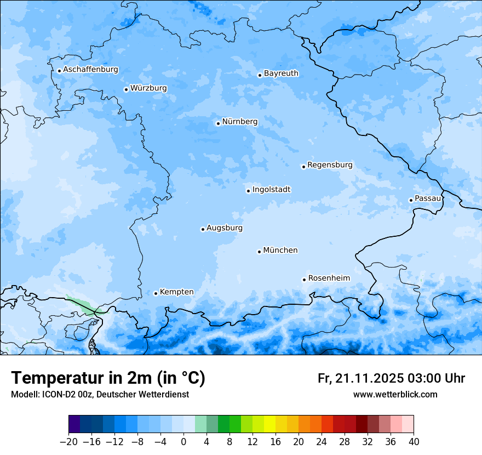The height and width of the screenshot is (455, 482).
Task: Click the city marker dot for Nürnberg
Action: (218, 123)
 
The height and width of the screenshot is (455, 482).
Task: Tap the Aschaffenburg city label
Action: (90, 70)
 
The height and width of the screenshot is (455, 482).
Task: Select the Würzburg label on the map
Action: (148, 88)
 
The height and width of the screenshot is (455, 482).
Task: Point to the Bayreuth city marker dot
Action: (260, 75)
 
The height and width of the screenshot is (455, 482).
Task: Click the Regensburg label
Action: (330, 165)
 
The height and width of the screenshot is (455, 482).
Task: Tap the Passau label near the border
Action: (428, 198)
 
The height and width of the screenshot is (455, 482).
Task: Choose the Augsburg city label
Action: (225, 228)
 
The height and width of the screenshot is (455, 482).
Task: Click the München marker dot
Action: (259, 252)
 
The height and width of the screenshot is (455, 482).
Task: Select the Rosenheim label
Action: (329, 278)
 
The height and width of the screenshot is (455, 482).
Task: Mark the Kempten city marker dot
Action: (156, 293)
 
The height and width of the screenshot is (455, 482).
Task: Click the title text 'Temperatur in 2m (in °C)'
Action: (108, 378)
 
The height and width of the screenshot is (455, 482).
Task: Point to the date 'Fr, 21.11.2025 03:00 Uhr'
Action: (391, 378)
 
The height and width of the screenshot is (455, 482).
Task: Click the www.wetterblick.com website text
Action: (395, 395)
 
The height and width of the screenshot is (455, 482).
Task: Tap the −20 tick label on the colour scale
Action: (68, 442)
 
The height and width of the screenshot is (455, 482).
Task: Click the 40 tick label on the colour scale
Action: (414, 442)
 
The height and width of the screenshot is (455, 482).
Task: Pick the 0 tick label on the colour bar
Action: (183, 442)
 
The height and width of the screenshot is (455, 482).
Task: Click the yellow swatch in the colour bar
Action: (269, 424)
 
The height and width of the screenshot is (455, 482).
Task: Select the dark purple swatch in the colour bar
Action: (74, 424)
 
